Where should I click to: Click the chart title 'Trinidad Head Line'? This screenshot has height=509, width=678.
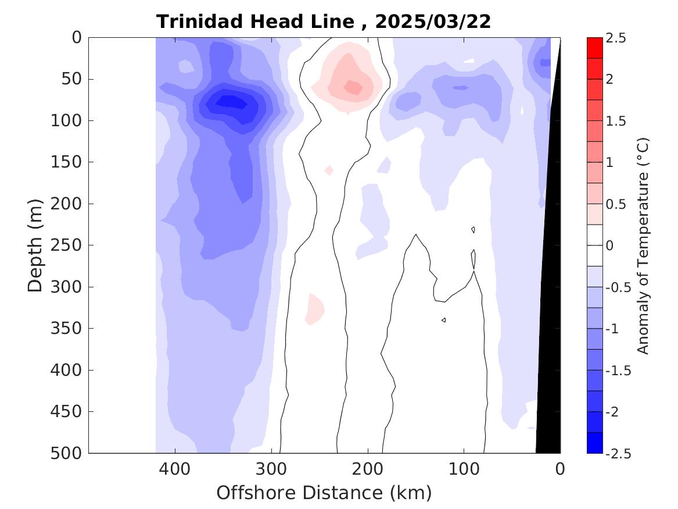coord(254,22)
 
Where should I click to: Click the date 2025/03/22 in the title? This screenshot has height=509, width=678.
coord(433,22)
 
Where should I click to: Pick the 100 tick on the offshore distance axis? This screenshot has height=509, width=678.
coord(464,468)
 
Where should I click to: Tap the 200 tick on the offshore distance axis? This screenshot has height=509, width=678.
coord(368,468)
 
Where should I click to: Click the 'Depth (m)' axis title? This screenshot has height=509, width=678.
coord(35,245)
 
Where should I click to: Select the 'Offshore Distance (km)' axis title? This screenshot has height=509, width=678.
coord(324,493)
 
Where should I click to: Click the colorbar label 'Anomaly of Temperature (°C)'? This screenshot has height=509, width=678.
coord(643,245)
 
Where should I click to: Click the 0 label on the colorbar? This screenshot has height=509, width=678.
coord(609,245)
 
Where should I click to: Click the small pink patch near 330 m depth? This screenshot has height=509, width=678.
coord(315,309)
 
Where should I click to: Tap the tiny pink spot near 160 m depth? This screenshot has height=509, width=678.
coord(329,170)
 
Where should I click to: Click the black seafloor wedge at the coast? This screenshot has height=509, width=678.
coord(550,349)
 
